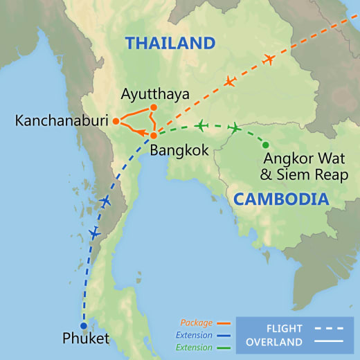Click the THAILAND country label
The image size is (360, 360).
(170, 43)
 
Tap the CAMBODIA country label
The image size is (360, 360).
(280, 199)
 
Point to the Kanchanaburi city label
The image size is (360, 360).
(61, 122)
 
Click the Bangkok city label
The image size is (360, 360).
(174, 149)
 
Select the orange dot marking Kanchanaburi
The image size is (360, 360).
(116, 122)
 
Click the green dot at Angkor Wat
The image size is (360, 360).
(265, 145)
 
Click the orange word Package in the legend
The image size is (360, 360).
(196, 323)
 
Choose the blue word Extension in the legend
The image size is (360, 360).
(196, 335)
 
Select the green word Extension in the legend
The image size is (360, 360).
(196, 348)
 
